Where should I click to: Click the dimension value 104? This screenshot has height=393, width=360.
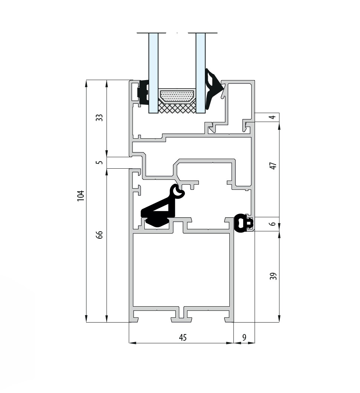(x=80, y=196)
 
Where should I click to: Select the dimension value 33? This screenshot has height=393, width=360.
(x=99, y=118)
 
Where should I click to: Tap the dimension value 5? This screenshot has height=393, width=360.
(x=100, y=162)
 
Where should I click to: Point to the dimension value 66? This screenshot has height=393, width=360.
(x=99, y=235)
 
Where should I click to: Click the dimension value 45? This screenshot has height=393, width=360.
(x=183, y=338)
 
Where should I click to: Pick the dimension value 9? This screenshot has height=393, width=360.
(x=244, y=338)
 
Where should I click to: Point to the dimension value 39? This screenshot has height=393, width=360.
(x=273, y=276)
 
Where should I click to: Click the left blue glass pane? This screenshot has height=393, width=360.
(x=153, y=73)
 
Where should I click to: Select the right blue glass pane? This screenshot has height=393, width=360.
(x=200, y=73)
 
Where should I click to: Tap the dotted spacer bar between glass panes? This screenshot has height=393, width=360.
(x=177, y=96)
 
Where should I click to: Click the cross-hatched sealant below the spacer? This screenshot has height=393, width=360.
(x=177, y=108)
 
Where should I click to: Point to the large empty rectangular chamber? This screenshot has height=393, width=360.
(x=181, y=270)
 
